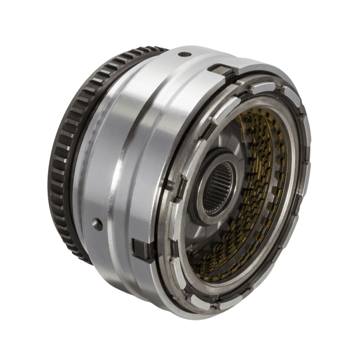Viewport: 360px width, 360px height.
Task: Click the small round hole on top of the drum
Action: click(x=185, y=54)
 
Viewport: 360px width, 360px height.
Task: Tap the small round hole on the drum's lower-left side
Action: click(x=97, y=224)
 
